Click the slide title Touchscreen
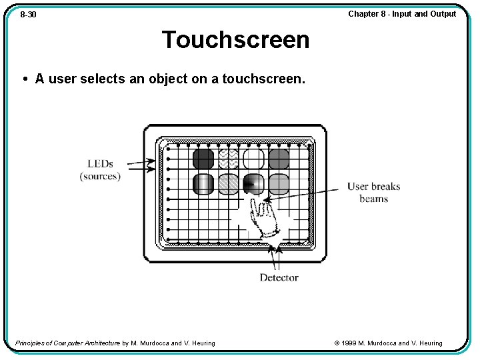[x=235, y=40]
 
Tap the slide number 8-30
[x=28, y=14]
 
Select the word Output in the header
[x=443, y=13]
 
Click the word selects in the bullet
[x=103, y=79]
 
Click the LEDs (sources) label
[x=100, y=170]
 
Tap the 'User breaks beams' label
[x=373, y=192]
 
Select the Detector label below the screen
[x=279, y=277]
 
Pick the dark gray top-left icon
[x=203, y=159]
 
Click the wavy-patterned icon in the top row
[x=229, y=159]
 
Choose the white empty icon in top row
[x=254, y=159]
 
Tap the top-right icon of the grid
[x=279, y=159]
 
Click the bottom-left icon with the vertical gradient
[x=203, y=183]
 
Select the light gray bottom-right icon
[x=279, y=183]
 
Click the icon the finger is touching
[x=253, y=183]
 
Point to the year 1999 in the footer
[x=349, y=343]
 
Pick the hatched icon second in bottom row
[x=229, y=183]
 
